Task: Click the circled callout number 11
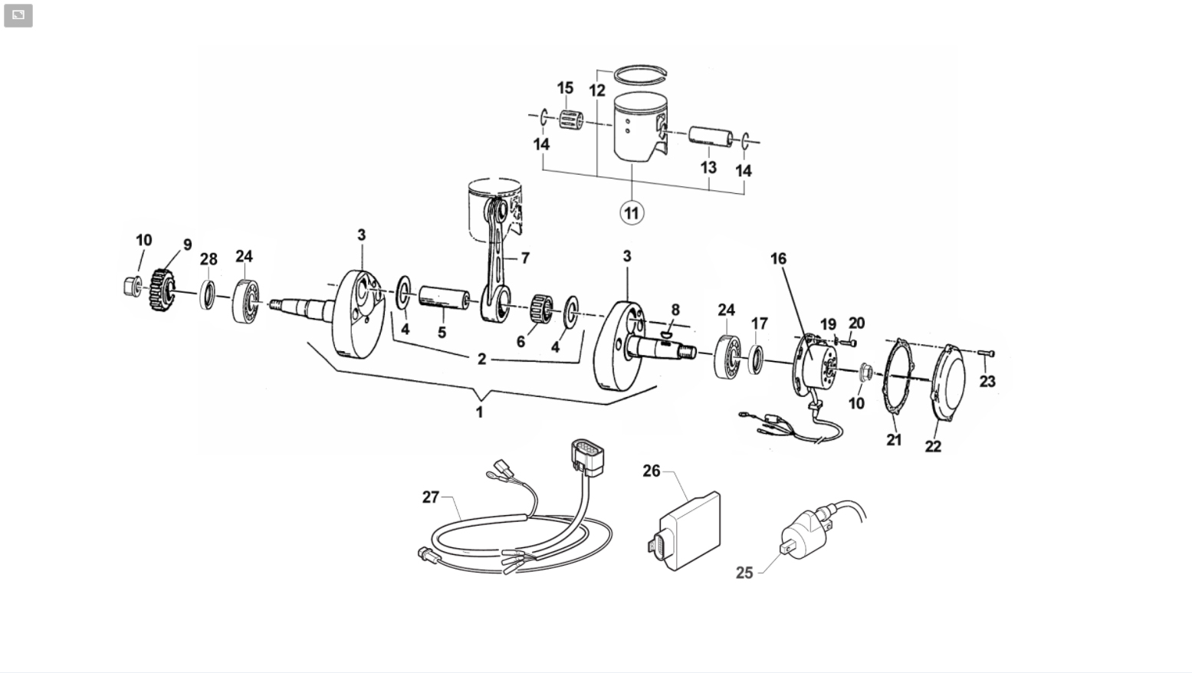click(632, 213)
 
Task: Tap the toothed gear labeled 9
click(162, 290)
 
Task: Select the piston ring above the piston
click(640, 75)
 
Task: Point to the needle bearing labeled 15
click(571, 120)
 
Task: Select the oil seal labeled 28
click(208, 294)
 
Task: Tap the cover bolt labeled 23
click(986, 353)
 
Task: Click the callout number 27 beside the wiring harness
click(431, 497)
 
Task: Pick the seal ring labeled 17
click(756, 359)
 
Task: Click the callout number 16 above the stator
click(778, 258)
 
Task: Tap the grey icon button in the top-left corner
click(18, 15)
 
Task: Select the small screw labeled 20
click(850, 343)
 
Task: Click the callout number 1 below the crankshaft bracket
click(479, 412)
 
